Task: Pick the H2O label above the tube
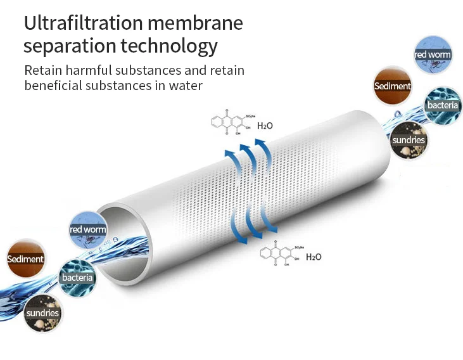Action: point(265,125)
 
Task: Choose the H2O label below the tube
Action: point(314,257)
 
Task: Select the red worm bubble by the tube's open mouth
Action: point(88,229)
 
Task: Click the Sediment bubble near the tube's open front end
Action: point(26,259)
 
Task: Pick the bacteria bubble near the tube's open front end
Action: point(77,278)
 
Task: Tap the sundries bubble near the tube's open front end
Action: point(42,312)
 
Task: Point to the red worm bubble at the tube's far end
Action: point(433,55)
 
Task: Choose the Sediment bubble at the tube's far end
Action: point(393,86)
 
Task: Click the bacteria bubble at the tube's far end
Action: point(442,105)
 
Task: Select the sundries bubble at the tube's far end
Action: point(409,139)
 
